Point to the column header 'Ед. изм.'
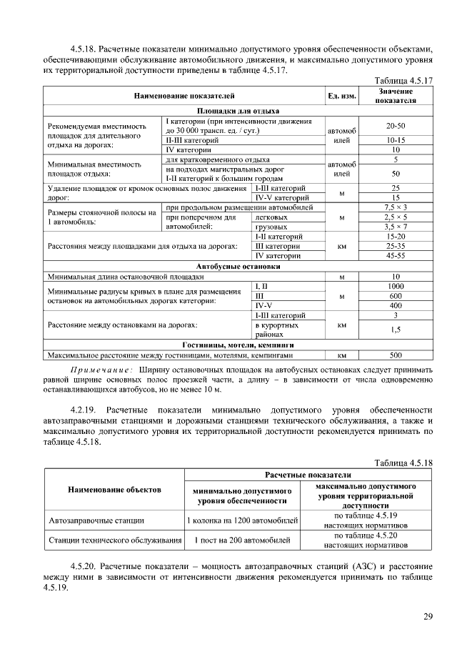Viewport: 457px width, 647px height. [x=341, y=96]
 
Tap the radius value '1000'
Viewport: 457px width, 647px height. [x=396, y=286]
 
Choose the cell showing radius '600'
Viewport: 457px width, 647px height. [x=396, y=295]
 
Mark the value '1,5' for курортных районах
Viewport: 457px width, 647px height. [x=396, y=330]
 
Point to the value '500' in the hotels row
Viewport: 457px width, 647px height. [x=396, y=354]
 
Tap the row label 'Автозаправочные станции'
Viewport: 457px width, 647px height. [x=96, y=520]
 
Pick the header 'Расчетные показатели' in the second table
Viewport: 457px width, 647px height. [x=308, y=475]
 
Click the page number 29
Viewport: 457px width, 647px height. [x=428, y=617]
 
